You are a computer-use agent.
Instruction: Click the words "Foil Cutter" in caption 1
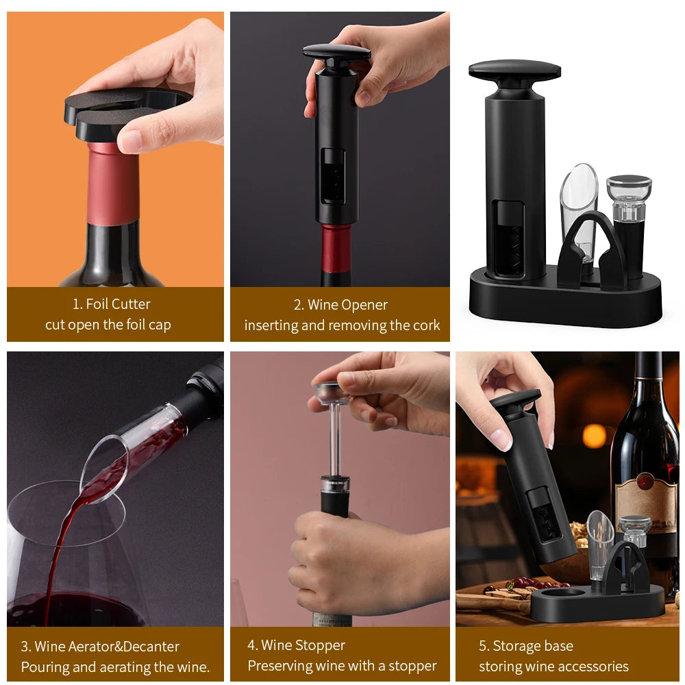point(118,303)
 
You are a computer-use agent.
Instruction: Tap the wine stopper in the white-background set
point(629,219)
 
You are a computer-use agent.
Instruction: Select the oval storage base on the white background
point(565,301)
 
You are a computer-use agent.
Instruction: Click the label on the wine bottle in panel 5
point(645,500)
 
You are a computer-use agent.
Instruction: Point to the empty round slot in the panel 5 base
point(562,593)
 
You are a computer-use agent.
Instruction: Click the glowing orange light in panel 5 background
point(594,436)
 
